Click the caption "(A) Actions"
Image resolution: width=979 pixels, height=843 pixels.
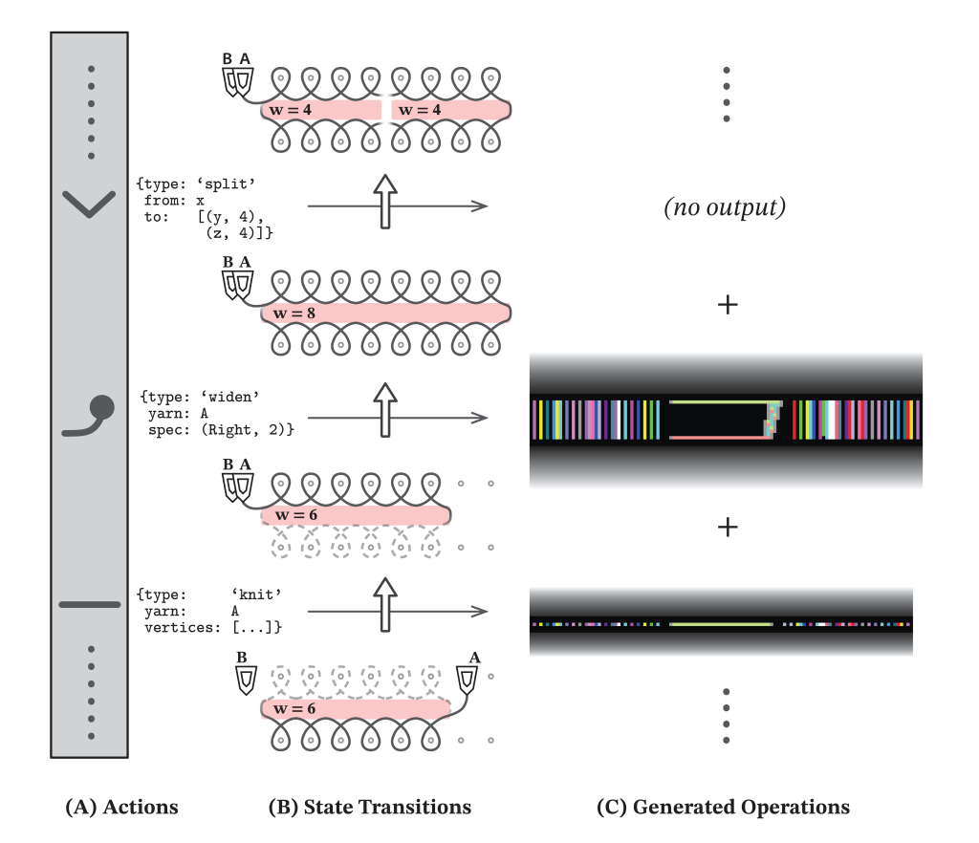point(121,808)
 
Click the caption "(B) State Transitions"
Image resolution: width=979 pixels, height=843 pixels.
point(370,808)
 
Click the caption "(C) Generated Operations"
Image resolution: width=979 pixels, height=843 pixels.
point(723,808)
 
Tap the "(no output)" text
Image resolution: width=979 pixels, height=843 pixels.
point(725,207)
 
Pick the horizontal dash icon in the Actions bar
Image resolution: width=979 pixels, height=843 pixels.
point(89,604)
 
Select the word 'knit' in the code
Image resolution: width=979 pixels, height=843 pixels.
point(256,594)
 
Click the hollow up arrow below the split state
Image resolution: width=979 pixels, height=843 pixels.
point(384,201)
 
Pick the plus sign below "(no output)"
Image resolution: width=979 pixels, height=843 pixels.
point(728,305)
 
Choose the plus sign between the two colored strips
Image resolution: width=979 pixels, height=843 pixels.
point(728,527)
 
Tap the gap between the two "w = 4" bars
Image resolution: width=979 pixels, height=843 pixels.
point(384,111)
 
